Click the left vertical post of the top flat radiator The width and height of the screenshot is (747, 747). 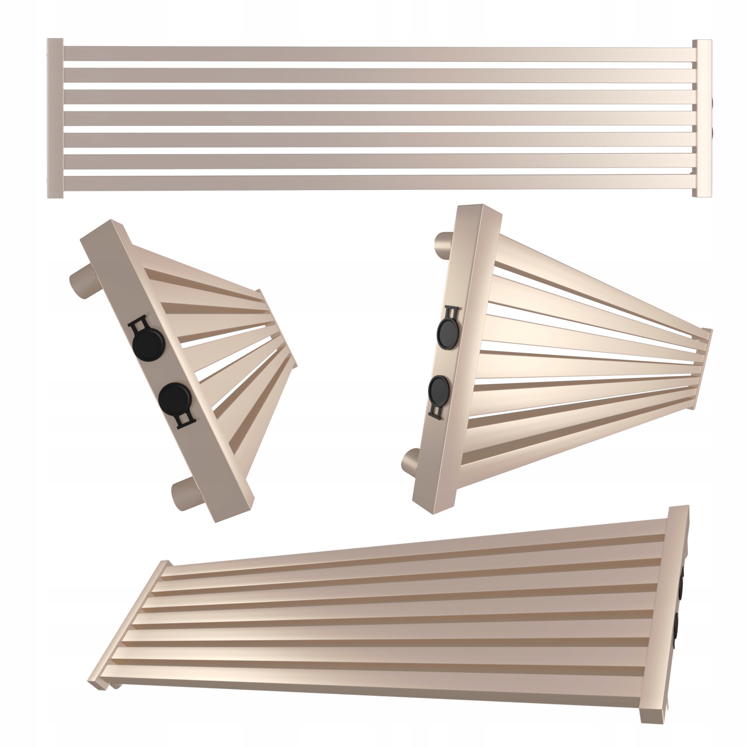point(55,118)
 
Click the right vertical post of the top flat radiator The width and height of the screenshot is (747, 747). point(702,118)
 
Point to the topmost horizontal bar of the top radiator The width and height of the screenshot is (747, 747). point(379,53)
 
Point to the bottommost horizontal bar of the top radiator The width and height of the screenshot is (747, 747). point(379,183)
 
